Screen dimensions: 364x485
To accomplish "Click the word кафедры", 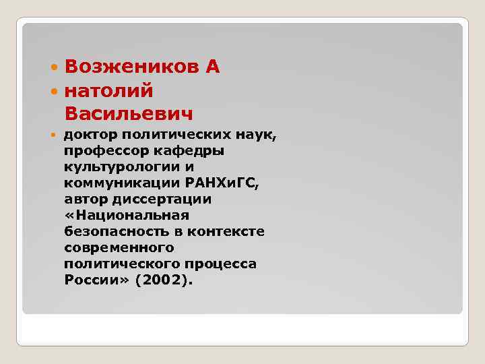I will coord(189,151).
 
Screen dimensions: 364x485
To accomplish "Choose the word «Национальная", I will coord(127,215).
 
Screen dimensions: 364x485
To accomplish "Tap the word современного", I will coord(119,247).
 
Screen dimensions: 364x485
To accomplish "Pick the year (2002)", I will coord(163,280).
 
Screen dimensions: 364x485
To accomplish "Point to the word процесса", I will coord(222,264).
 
